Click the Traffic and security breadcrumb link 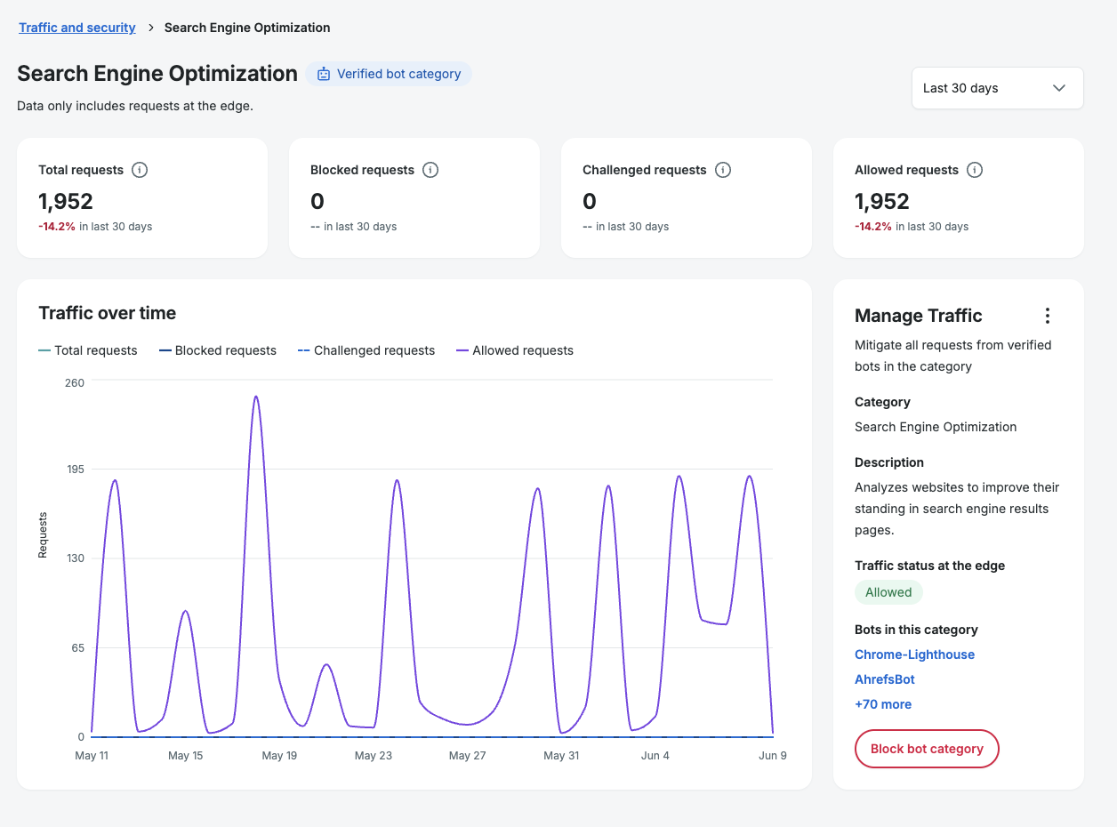(x=77, y=28)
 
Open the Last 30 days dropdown (x=997, y=88)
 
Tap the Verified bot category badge (x=389, y=74)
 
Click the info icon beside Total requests (x=140, y=170)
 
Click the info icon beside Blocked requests (x=430, y=170)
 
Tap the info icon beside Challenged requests (x=723, y=170)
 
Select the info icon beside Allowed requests (x=975, y=170)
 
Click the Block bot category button (x=927, y=749)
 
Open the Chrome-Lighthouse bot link (x=914, y=654)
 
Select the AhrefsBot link (x=884, y=679)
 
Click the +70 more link (x=883, y=704)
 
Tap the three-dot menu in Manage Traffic (x=1048, y=316)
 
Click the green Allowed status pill (x=888, y=592)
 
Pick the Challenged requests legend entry (x=366, y=350)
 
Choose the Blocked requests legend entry (x=218, y=350)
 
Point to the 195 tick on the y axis (x=76, y=470)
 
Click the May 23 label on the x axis (x=374, y=756)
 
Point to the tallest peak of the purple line (x=256, y=397)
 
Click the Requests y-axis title (x=43, y=534)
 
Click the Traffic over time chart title (x=108, y=313)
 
